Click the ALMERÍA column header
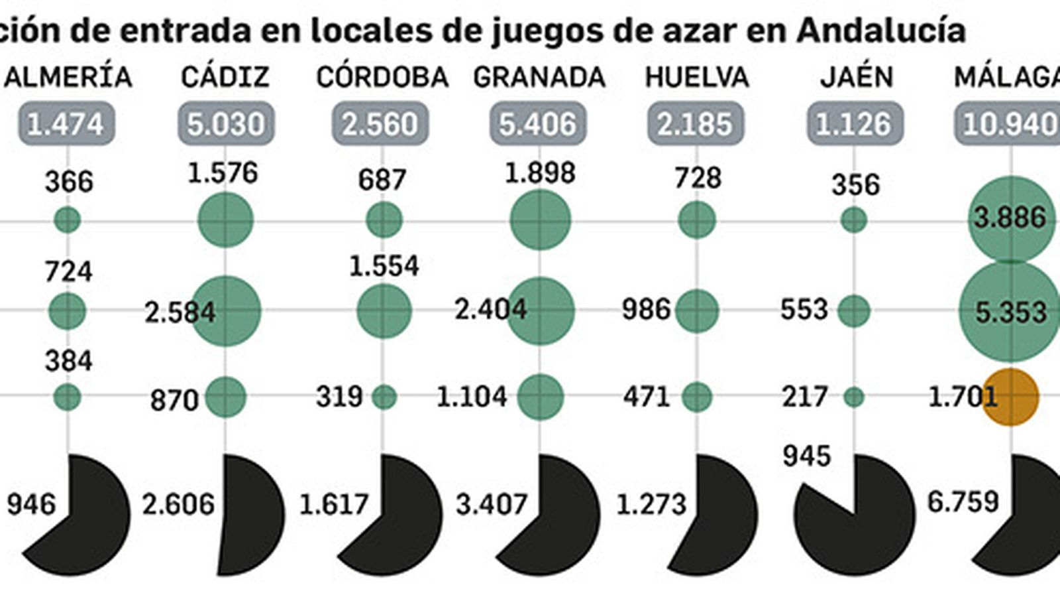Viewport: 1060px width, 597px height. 68,78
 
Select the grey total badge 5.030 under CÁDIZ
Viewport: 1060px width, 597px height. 226,123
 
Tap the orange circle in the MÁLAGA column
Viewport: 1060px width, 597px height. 1010,397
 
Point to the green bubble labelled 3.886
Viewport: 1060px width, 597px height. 1010,219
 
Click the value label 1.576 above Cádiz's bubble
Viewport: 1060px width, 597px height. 223,172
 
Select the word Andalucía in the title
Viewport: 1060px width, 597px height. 880,30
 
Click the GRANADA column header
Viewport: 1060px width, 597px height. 539,78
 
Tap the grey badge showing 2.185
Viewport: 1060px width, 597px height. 695,123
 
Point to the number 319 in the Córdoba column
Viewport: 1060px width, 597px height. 339,397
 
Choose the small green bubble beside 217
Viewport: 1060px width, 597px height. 854,397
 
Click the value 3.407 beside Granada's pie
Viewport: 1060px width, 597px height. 491,505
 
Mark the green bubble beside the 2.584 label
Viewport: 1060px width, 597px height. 226,310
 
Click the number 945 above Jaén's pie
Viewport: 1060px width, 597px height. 806,456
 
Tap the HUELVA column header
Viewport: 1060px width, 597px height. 697,78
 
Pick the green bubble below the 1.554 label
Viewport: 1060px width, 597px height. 384,310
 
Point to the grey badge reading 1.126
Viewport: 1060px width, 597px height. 854,123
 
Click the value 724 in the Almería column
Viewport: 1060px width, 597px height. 69,272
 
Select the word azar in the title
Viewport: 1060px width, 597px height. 698,30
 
